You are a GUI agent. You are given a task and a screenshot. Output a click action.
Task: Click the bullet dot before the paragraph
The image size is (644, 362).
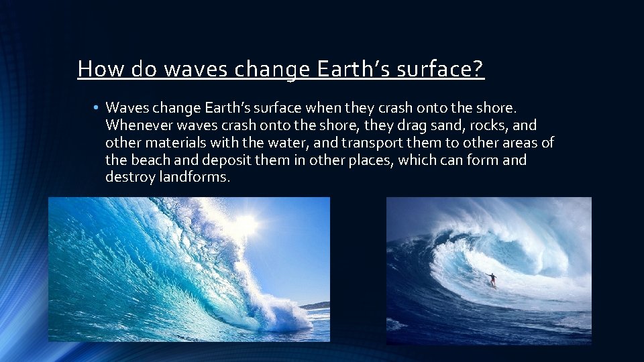[x=97, y=108]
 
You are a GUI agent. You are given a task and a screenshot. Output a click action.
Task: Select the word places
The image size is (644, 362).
[x=368, y=160]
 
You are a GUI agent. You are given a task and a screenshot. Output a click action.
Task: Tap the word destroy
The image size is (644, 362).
[x=130, y=178]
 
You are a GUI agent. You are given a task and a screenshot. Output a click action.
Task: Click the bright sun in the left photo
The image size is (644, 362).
[x=246, y=225]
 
